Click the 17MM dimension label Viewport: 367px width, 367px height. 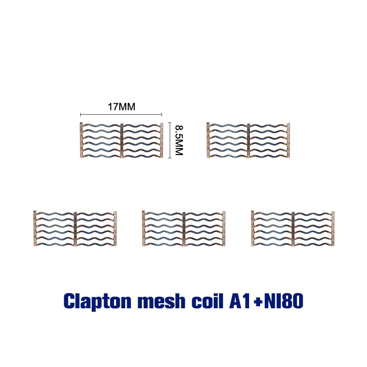tap(121, 107)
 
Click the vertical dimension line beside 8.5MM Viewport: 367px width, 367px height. tap(170, 140)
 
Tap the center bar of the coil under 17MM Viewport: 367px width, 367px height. tap(122, 140)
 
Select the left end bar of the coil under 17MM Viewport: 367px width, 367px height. tap(81, 140)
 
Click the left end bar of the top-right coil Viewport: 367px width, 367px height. tap(208, 140)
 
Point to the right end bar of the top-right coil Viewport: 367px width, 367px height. tap(289, 140)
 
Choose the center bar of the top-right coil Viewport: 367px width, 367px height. tap(249, 140)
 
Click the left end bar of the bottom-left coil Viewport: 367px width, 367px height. tap(35, 228)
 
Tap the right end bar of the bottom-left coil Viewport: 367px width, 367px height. tap(115, 228)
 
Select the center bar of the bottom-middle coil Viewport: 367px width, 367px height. tap(183, 228)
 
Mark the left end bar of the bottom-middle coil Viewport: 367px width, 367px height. tap(144, 228)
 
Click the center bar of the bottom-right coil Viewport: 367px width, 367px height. tap(293, 228)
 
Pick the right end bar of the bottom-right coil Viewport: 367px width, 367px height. tap(334, 228)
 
